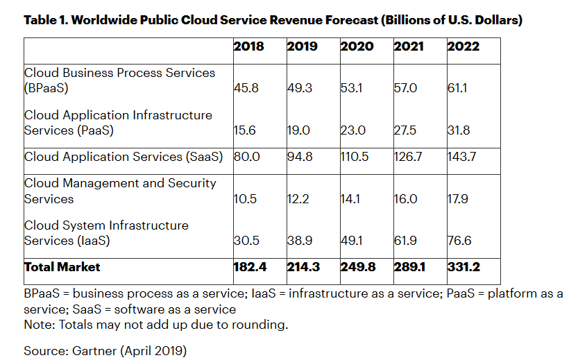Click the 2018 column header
tap(248, 46)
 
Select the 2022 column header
tap(463, 46)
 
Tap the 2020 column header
tap(357, 46)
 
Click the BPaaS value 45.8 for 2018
tap(245, 89)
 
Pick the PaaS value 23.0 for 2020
tap(352, 130)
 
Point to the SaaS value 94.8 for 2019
tap(300, 157)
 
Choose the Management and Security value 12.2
tap(298, 199)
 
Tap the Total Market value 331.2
tap(463, 267)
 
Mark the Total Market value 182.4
tap(248, 267)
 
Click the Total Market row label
tap(62, 267)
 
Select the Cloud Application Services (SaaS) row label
tap(124, 157)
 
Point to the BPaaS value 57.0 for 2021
tap(406, 89)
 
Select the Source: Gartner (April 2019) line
tap(105, 351)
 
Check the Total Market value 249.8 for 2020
tap(357, 267)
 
